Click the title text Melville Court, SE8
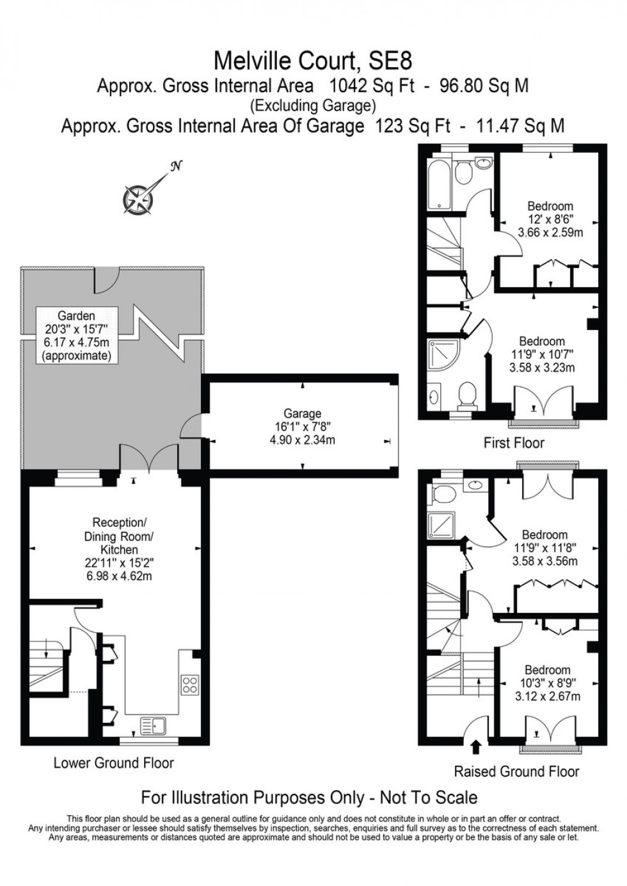313,61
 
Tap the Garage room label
302,427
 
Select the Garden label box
77,335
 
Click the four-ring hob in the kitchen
190,684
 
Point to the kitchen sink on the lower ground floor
153,726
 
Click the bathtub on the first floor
440,181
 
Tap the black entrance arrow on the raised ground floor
475,746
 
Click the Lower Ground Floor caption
114,763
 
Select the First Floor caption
514,443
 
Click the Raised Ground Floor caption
516,771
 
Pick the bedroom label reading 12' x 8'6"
550,219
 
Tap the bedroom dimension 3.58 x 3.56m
544,561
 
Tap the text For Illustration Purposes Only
257,798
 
